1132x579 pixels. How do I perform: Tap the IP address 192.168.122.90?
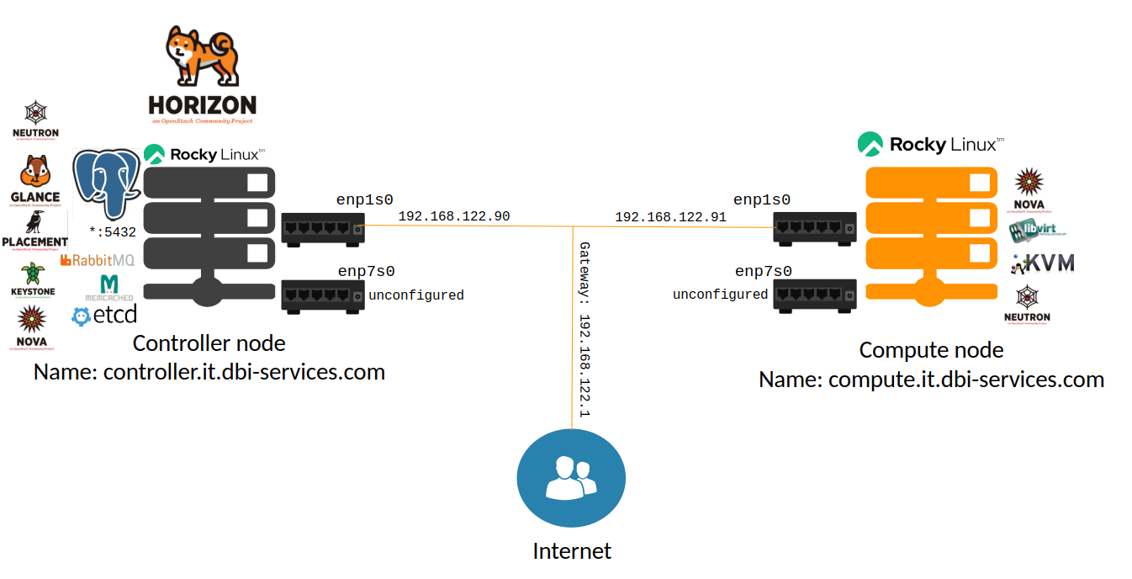pos(454,217)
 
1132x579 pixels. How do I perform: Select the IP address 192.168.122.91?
pos(670,217)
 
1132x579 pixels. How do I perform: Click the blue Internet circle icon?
pos(571,479)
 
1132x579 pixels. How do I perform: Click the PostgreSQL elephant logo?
pos(106,183)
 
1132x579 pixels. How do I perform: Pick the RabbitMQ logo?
pos(98,261)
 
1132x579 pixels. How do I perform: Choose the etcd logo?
pos(105,316)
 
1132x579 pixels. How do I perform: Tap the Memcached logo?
pos(109,288)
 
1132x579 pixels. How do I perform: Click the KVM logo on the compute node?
pos(1043,263)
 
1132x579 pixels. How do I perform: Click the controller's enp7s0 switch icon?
pos(323,295)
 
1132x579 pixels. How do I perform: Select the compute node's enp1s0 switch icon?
pos(816,227)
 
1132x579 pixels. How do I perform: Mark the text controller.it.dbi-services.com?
pos(244,371)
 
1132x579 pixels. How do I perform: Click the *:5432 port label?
pos(113,231)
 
